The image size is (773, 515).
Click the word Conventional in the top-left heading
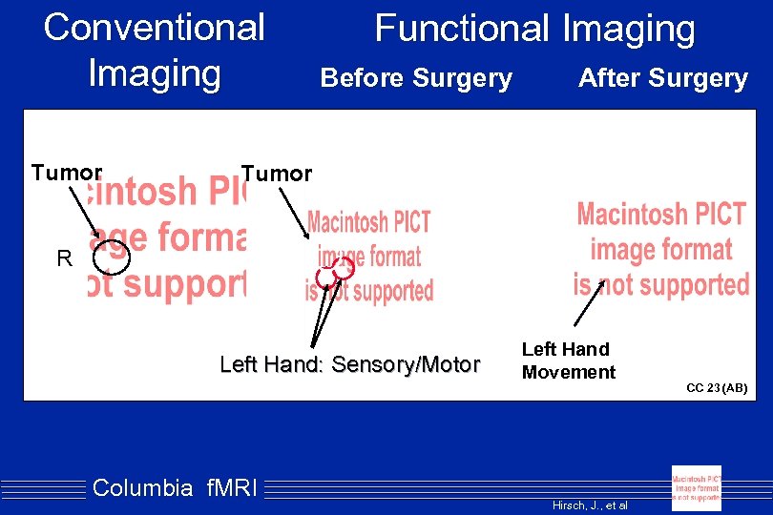[x=154, y=27]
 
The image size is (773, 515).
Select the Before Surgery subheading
[x=416, y=78]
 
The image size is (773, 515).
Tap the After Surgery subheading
[x=662, y=79]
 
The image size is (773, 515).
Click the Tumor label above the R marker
[x=66, y=173]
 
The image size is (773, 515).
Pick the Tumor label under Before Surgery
[x=276, y=174]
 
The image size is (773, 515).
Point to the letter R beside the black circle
[x=64, y=258]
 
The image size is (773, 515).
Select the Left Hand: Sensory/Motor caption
[x=349, y=364]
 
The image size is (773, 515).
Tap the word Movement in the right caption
[x=569, y=372]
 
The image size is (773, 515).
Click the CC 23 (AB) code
[x=717, y=388]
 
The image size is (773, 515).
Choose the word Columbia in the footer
[x=142, y=488]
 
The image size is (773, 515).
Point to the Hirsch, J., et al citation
[x=590, y=505]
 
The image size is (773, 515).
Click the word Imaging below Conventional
[x=154, y=72]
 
